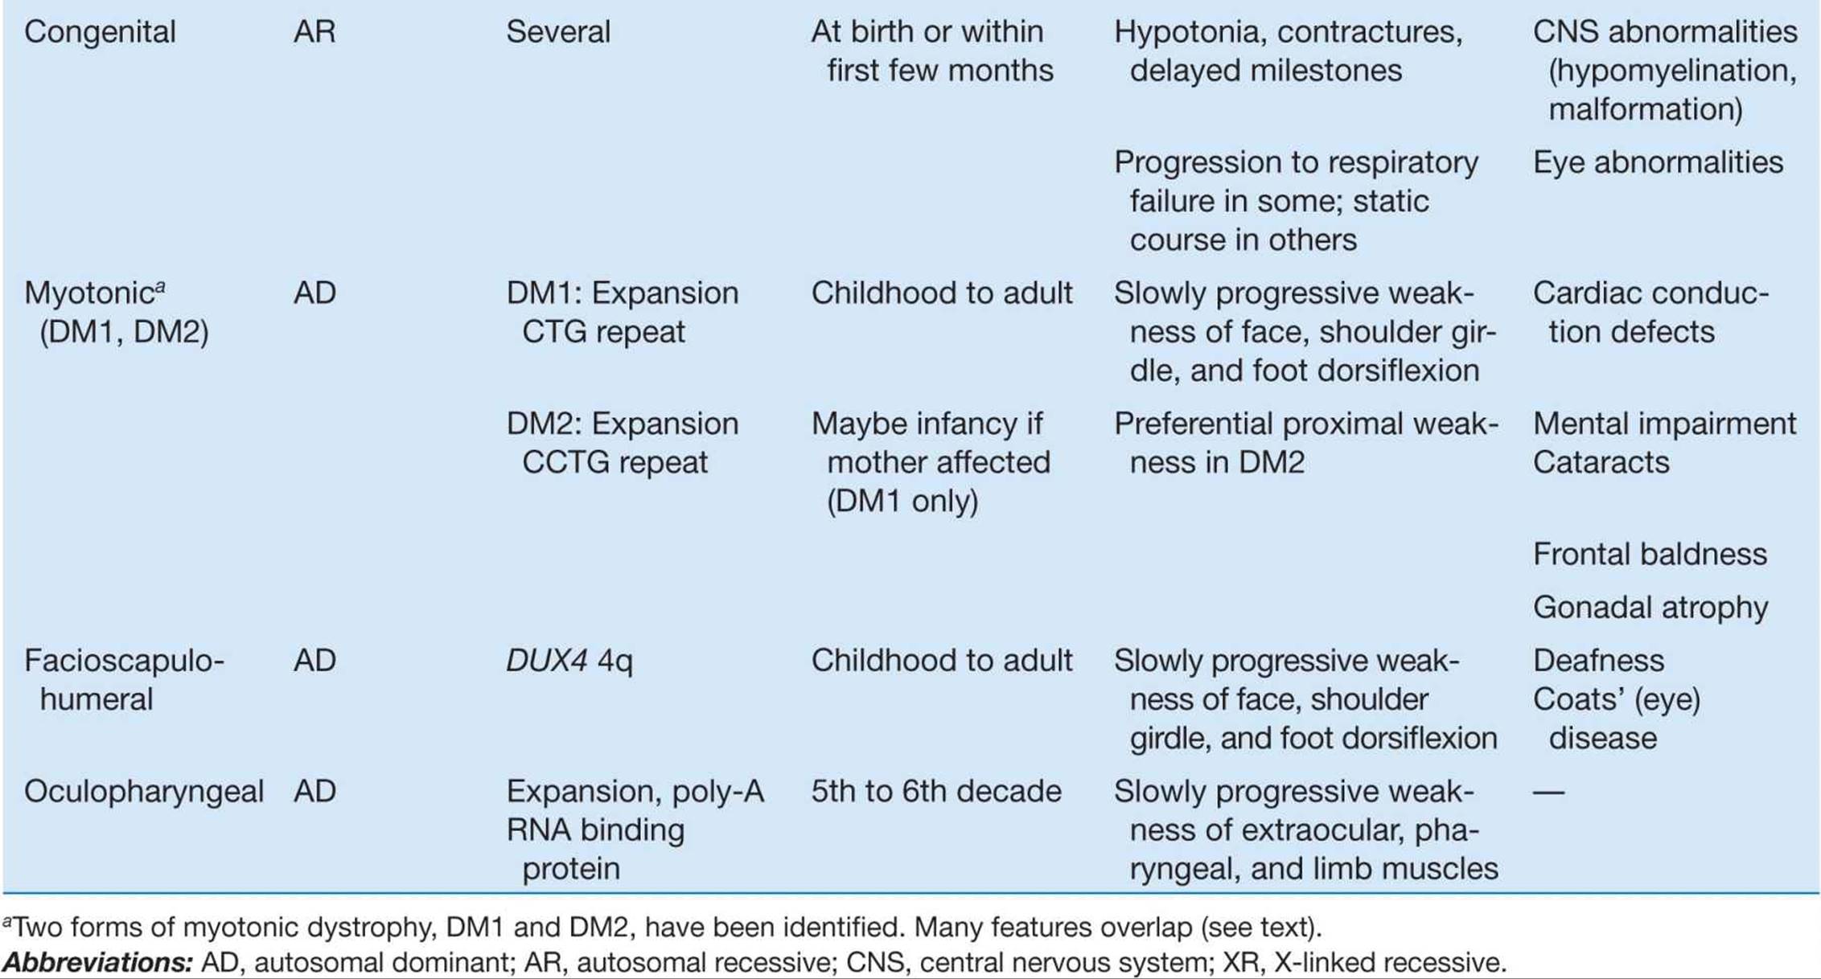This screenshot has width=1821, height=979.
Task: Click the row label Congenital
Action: coord(100,33)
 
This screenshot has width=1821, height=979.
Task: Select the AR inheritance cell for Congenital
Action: coord(314,32)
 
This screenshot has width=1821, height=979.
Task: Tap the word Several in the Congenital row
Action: coord(558,32)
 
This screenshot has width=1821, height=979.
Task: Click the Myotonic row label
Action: coord(117,312)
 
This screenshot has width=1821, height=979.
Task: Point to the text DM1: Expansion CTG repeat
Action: coord(623,312)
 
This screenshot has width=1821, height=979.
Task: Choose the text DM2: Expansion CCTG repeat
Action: coord(623,443)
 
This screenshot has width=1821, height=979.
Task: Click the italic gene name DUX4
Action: coord(547,661)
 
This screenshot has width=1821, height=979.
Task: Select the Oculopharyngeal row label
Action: coord(144,793)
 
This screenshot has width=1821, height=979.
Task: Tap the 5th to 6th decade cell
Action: coord(936,792)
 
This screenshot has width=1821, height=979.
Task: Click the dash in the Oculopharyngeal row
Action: coord(1548,793)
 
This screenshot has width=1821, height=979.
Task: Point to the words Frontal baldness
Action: coord(1650,555)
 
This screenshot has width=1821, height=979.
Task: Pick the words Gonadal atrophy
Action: coord(1650,608)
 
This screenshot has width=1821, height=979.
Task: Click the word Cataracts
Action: coord(1601,462)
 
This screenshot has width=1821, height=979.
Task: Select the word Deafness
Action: coord(1598,661)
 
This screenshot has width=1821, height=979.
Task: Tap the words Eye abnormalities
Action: coord(1658,162)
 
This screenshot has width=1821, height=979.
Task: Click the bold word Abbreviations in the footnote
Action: coord(97,962)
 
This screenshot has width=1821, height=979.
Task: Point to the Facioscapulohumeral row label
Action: coord(124,680)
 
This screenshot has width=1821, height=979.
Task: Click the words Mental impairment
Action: coord(1664,424)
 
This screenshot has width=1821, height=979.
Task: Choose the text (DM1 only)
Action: coord(902,502)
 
